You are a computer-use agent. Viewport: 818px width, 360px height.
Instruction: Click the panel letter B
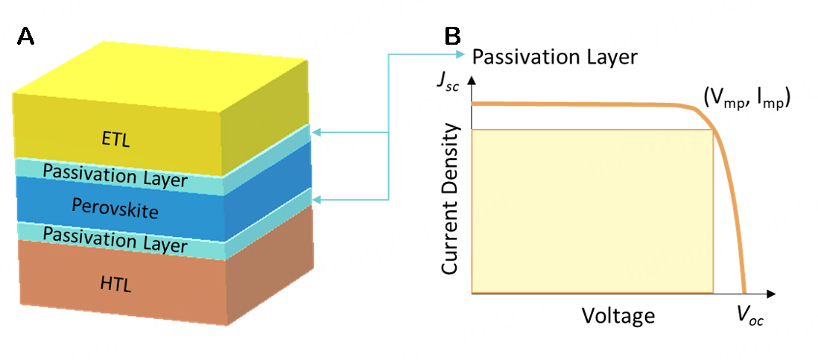click(453, 36)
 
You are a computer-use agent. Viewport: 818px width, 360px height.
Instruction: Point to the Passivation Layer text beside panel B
click(555, 57)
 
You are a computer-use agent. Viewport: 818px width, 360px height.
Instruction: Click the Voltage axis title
click(618, 316)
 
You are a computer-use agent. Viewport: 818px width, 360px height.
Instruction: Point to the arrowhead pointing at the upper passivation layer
click(316, 133)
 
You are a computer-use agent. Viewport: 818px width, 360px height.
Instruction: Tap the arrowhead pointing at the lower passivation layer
click(316, 199)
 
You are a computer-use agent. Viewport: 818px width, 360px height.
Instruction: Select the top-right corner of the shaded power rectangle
click(714, 130)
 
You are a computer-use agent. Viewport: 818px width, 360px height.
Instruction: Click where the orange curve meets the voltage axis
click(744, 293)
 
